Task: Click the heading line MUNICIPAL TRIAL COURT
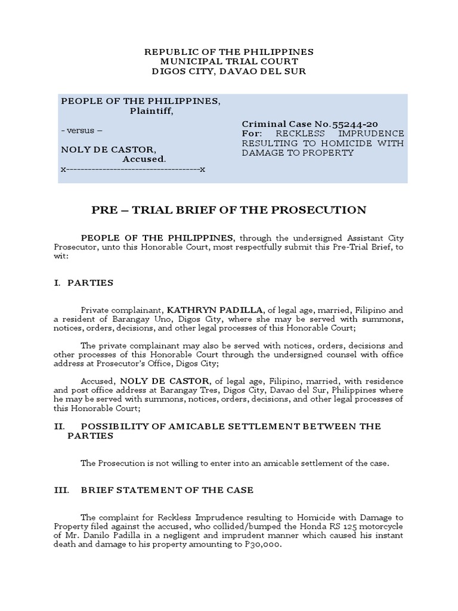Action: [229, 61]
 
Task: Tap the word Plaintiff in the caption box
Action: [151, 110]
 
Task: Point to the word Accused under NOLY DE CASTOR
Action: [144, 159]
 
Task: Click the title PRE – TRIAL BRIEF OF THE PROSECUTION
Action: [229, 210]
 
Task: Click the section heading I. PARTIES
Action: [83, 282]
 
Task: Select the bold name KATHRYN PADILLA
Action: [215, 310]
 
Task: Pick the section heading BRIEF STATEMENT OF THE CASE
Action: [167, 490]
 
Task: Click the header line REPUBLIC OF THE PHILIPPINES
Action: [229, 52]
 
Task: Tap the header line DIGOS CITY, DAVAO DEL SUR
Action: [229, 71]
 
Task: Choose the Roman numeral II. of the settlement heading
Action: [59, 426]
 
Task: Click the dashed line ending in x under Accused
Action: [133, 169]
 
